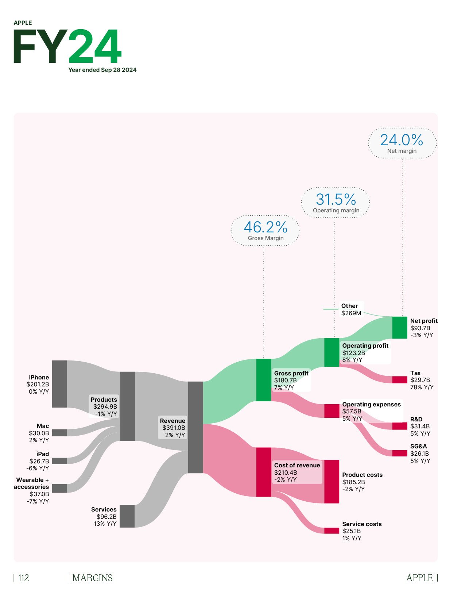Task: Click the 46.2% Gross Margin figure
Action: click(266, 227)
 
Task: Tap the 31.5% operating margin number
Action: click(336, 200)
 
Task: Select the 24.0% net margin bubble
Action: click(402, 143)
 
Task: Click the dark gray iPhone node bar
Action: click(59, 384)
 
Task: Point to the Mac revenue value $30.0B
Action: click(39, 433)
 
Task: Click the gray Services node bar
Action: click(127, 516)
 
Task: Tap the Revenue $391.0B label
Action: click(173, 428)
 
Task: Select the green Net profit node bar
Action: click(399, 328)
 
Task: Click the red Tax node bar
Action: click(399, 380)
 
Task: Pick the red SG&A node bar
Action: click(399, 454)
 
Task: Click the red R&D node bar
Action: click(399, 426)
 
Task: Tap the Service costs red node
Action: click(332, 531)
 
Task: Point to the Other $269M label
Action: click(351, 309)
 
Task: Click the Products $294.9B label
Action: click(104, 406)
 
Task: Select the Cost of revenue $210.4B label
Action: click(297, 472)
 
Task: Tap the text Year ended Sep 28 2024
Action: click(102, 70)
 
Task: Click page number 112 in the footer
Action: click(23, 578)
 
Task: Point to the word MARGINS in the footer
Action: click(92, 578)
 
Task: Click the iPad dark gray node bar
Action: click(59, 461)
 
